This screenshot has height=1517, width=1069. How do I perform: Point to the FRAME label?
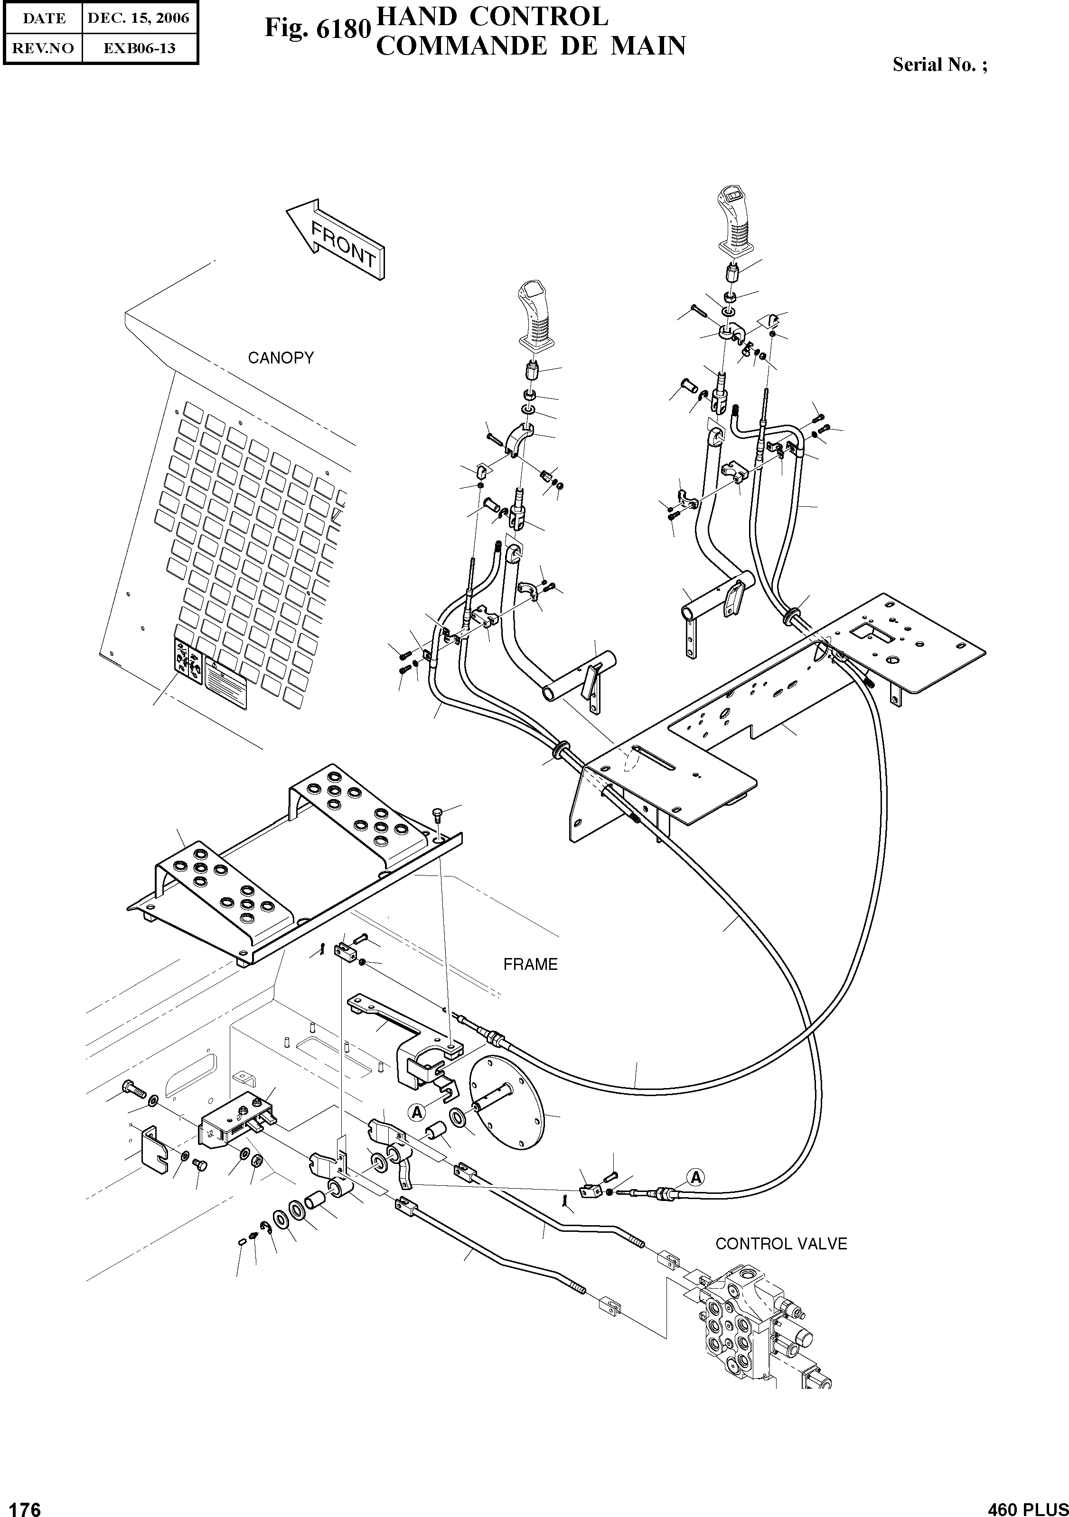(530, 964)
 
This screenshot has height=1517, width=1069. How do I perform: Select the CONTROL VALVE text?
(781, 1244)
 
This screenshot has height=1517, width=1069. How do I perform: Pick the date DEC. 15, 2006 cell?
(139, 19)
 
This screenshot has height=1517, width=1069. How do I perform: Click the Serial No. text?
(939, 65)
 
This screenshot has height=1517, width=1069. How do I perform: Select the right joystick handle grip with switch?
(736, 221)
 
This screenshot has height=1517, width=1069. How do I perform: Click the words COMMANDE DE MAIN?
(530, 46)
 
